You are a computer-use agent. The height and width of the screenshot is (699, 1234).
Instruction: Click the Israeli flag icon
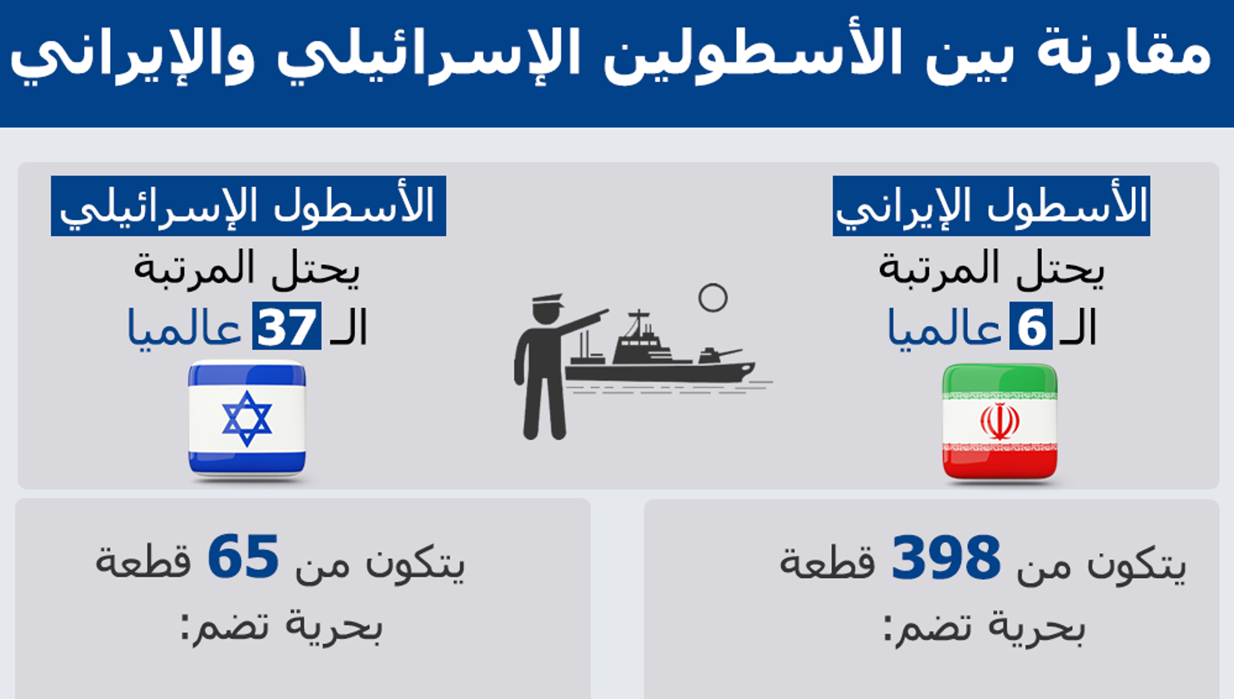tap(247, 420)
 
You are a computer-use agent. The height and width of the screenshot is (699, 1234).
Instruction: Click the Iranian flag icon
tap(999, 422)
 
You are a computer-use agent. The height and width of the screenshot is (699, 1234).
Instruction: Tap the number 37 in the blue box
tap(287, 327)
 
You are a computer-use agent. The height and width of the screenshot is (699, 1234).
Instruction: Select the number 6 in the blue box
tap(1031, 327)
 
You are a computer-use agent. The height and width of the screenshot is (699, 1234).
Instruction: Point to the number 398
tap(946, 557)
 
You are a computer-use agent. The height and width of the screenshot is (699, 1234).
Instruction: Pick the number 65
tap(243, 557)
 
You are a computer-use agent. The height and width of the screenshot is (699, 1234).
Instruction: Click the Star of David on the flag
tap(247, 419)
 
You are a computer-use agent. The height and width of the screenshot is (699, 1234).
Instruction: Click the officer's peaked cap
tap(547, 300)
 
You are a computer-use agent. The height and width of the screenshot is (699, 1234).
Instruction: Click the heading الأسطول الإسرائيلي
tap(248, 206)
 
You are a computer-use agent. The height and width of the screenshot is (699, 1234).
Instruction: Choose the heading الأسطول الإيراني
tap(992, 206)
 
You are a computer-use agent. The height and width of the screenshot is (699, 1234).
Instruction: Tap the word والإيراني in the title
tap(132, 57)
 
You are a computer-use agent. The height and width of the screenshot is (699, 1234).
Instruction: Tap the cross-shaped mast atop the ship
tap(638, 322)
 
